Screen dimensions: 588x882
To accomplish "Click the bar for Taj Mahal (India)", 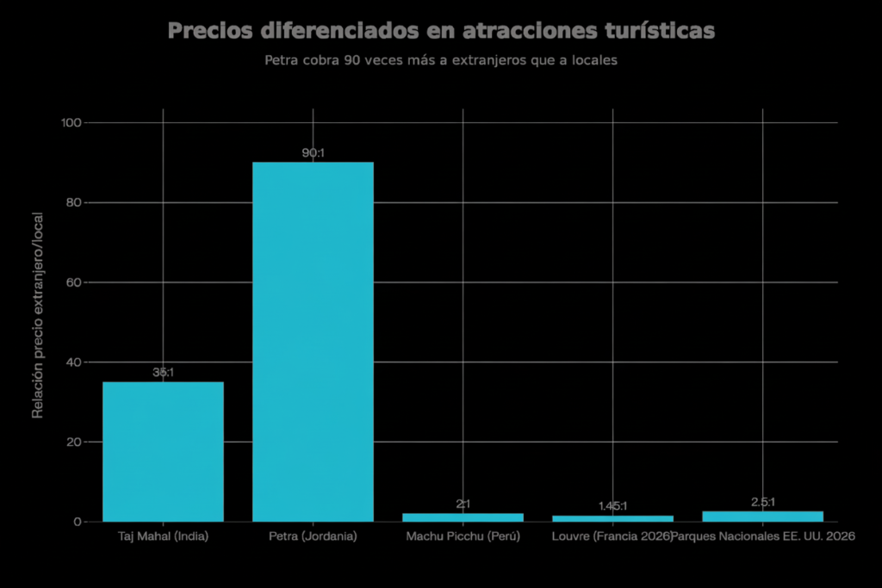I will coord(163,451).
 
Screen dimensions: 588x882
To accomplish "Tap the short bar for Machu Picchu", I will coord(463,517).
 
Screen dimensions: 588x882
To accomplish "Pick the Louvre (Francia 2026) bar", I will coord(612,518).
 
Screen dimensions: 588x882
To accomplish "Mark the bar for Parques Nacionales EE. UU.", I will coord(762,517).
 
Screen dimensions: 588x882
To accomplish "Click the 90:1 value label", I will coord(313,153).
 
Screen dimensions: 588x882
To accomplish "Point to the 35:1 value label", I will coord(163,373).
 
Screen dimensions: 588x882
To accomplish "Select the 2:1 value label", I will coord(463,504).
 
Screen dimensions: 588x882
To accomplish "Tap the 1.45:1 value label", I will coord(612,506).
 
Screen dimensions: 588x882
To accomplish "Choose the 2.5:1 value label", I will coord(762,502).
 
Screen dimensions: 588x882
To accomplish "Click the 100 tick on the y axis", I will coord(71,122).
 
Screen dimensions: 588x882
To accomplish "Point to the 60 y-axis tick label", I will coord(74,282).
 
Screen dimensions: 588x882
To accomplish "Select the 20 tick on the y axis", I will coord(74,442).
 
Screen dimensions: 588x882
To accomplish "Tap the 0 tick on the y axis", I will coord(78,522).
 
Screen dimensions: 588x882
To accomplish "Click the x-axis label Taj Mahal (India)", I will coord(163,536).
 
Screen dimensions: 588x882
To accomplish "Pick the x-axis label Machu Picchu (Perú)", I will coord(463,536).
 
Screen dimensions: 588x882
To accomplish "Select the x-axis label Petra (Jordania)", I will coord(313,536).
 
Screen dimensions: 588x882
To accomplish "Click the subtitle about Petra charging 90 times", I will coord(440,61).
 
